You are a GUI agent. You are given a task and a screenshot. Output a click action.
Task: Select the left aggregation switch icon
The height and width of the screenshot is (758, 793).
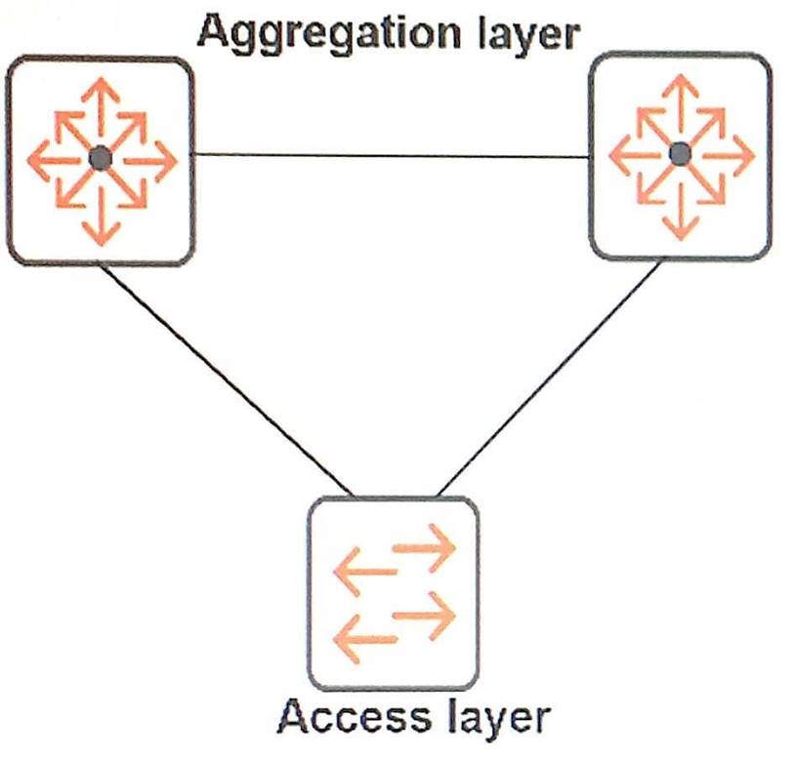100,159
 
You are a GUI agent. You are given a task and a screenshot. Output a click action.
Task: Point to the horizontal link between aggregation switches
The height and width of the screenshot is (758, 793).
391,155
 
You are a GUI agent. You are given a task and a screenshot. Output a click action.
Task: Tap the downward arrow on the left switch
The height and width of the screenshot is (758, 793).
101,220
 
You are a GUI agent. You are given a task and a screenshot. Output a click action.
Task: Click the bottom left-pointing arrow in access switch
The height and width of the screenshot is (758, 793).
364,640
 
